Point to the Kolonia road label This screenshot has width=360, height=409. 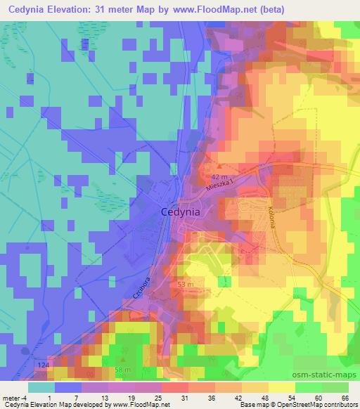pyautogui.click(x=269, y=214)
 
